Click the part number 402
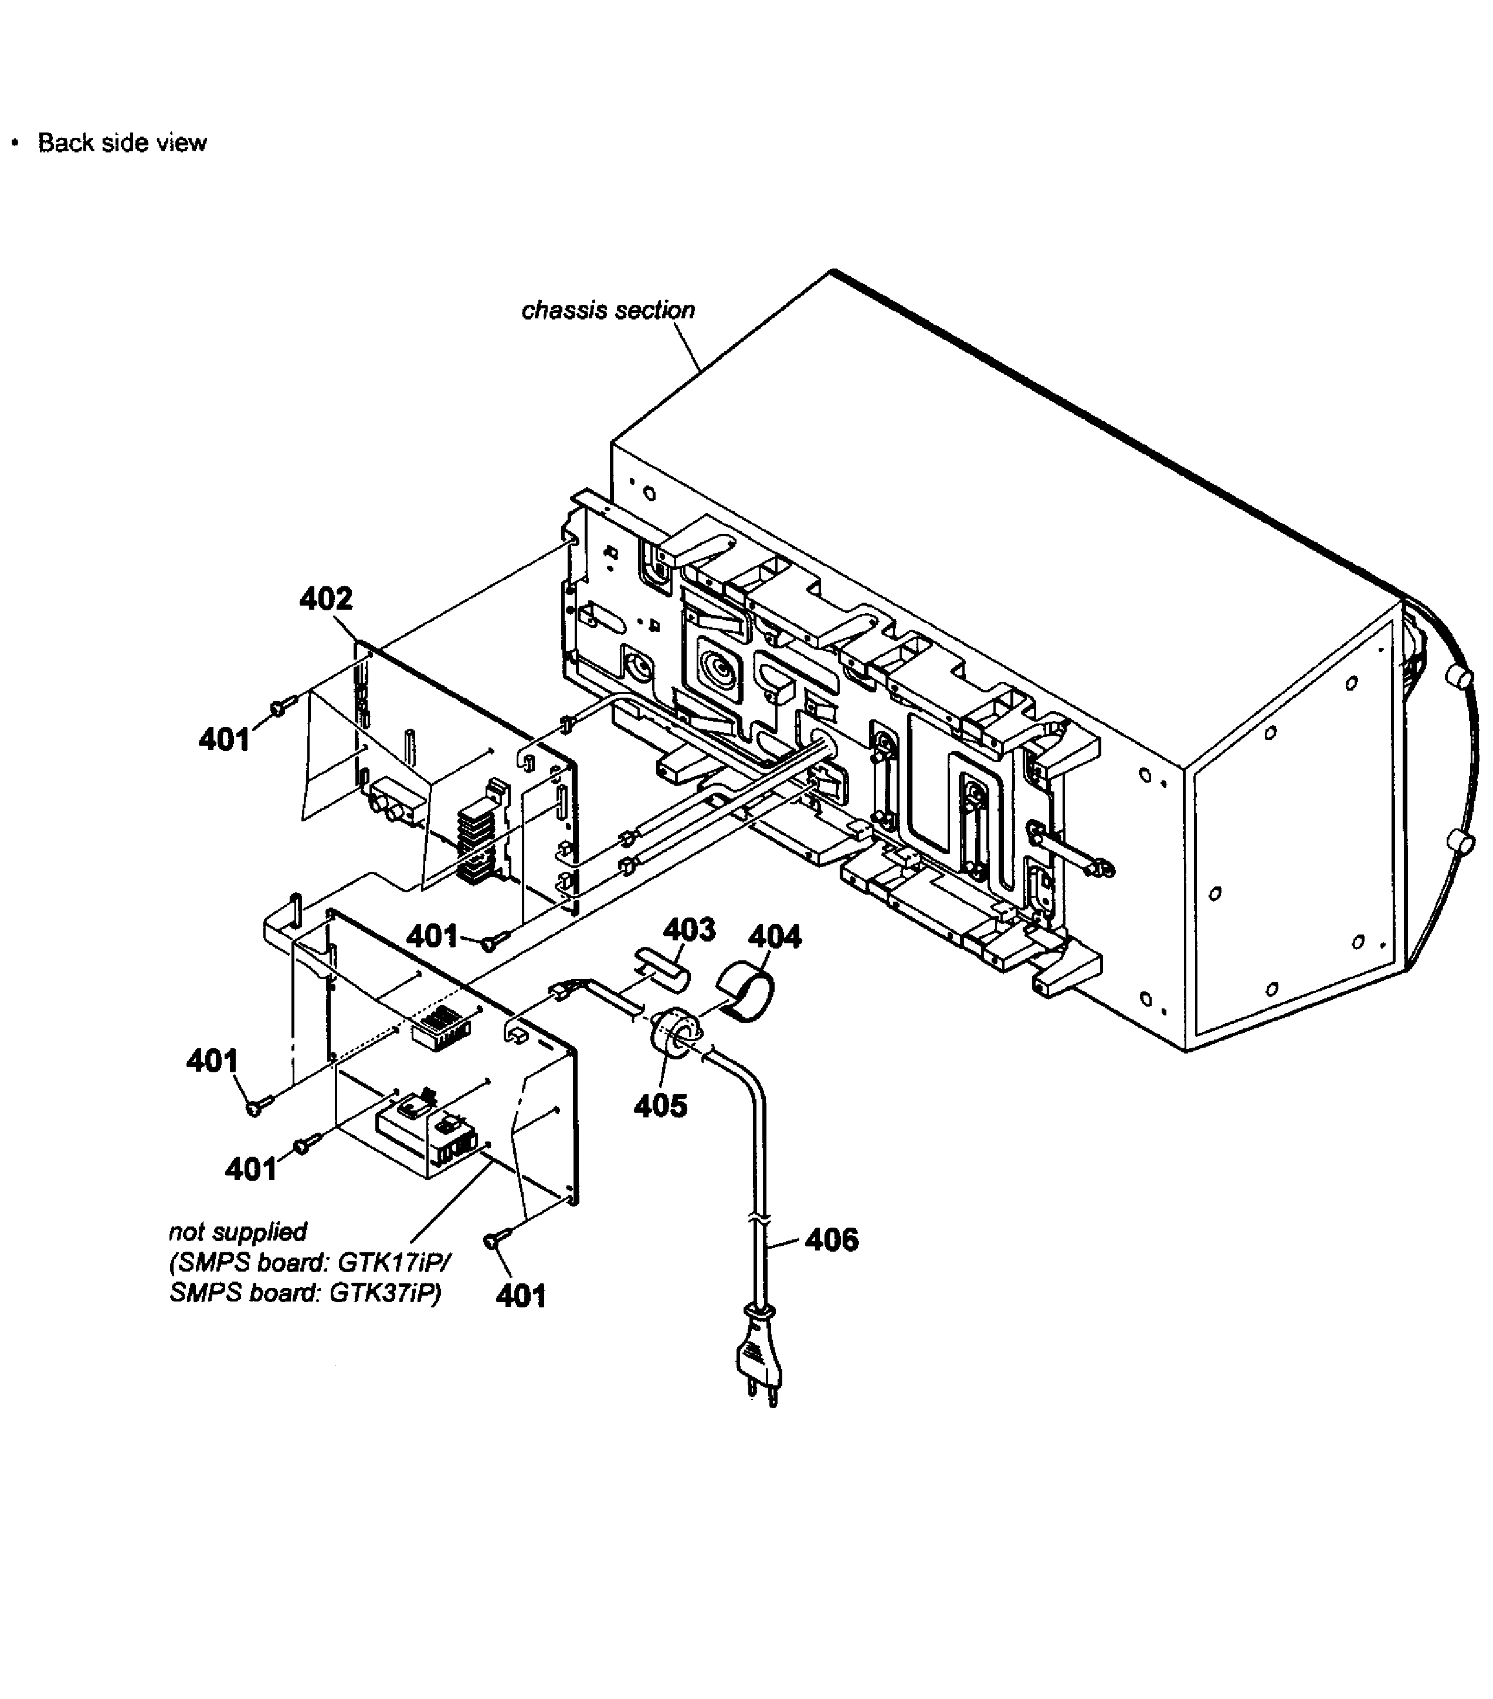[326, 599]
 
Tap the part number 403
[689, 929]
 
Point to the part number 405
[661, 1106]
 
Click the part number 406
[832, 1239]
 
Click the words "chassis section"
[609, 310]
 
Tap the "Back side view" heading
[122, 143]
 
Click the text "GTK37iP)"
[386, 1293]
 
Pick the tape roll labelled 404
[746, 991]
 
